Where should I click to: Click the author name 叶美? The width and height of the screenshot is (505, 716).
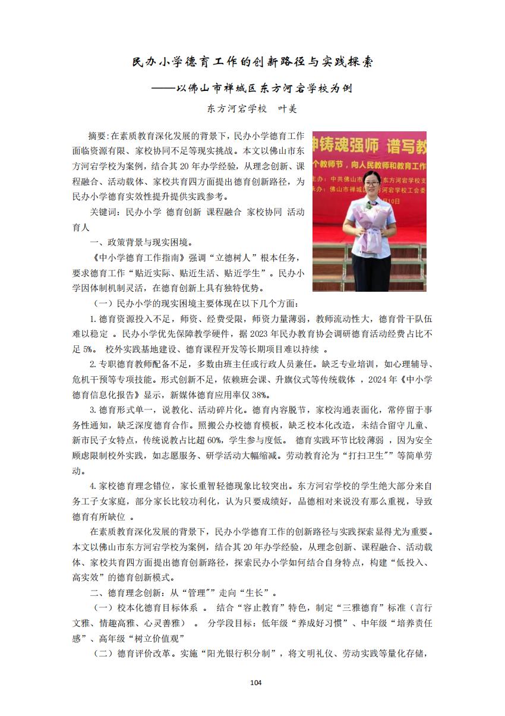click(286, 109)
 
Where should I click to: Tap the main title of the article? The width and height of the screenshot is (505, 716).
click(252, 62)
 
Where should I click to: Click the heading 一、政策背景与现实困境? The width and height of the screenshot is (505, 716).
click(140, 242)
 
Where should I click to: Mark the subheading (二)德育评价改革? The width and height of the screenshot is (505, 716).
click(128, 654)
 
